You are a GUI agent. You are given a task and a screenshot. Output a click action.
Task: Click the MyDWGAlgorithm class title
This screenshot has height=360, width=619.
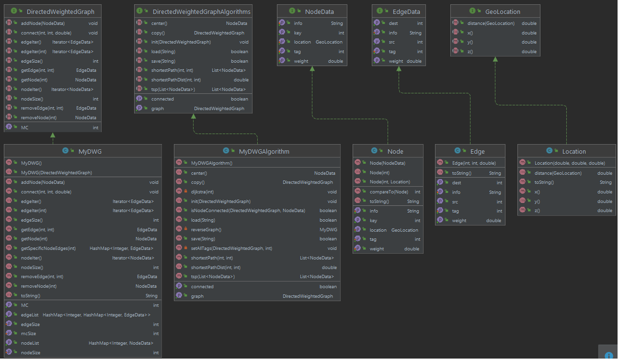[x=264, y=151]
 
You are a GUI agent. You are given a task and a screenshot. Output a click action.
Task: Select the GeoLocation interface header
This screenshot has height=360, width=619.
[x=502, y=11]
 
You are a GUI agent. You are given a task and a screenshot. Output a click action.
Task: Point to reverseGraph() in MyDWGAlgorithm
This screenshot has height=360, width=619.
[x=206, y=229]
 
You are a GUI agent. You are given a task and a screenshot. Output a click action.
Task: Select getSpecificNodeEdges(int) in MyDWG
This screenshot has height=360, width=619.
[x=48, y=248]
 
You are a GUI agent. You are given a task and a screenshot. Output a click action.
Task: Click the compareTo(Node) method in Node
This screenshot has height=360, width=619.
[x=389, y=191]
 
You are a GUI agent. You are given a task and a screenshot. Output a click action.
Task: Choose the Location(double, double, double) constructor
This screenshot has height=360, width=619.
[x=570, y=163]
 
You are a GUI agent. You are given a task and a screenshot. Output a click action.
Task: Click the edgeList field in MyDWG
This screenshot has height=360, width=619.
[x=30, y=315]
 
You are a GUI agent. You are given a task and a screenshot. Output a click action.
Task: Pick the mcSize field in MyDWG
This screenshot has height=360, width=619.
[x=28, y=334]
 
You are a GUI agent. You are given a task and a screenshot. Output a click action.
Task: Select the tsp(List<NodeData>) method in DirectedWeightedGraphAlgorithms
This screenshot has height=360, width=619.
[x=173, y=90]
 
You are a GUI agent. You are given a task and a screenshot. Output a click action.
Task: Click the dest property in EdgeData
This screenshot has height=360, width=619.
[x=393, y=23]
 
